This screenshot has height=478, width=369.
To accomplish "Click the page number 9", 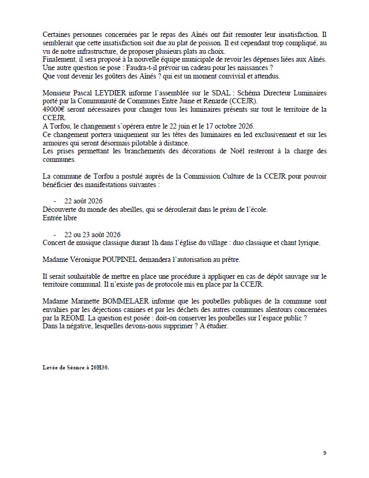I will [x=325, y=453].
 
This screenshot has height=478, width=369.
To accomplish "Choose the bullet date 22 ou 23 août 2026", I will [x=93, y=234].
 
